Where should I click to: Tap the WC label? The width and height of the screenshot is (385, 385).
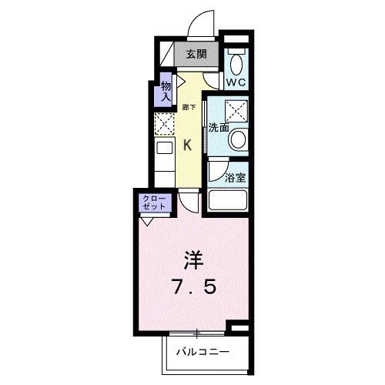tap(236, 80)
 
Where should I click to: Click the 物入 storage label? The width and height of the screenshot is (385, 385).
tap(166, 92)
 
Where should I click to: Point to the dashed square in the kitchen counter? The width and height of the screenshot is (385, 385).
tap(165, 123)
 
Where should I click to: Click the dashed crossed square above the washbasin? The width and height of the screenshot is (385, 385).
tap(236, 111)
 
